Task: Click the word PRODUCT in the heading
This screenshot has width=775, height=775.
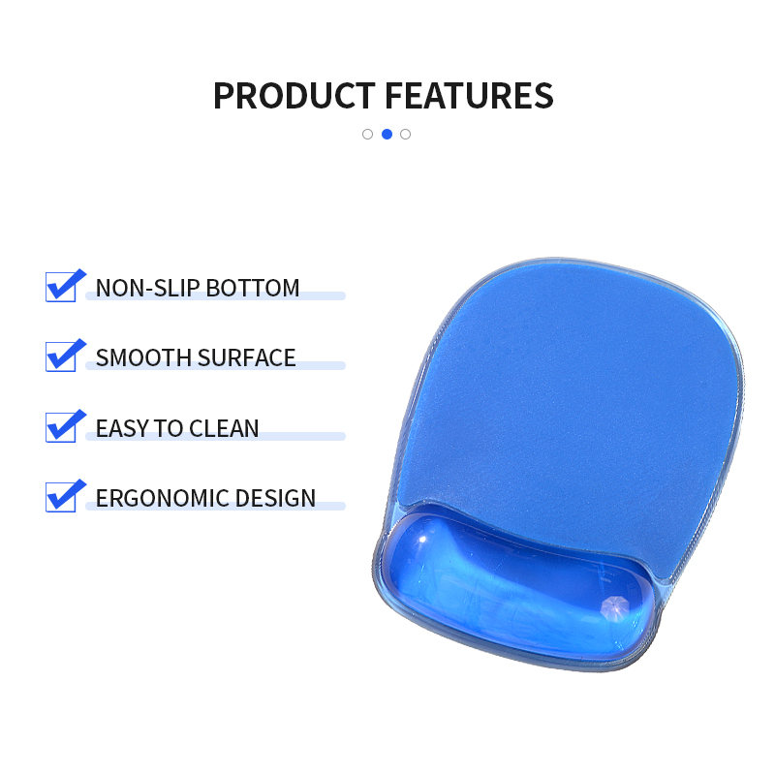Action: [x=294, y=96]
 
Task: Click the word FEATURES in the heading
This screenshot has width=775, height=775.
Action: [x=469, y=96]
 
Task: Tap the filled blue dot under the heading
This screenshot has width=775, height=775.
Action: [x=387, y=134]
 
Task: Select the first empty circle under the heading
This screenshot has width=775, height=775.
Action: [x=367, y=134]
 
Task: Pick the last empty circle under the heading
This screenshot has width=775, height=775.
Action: [x=405, y=134]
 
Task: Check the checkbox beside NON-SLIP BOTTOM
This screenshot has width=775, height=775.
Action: [x=61, y=287]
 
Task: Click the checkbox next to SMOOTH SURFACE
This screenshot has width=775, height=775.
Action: [x=61, y=356]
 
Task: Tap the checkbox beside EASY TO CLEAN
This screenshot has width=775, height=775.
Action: [x=61, y=427]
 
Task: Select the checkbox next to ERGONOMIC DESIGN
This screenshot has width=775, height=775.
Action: [x=61, y=497]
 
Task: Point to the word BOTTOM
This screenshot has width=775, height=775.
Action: [x=253, y=288]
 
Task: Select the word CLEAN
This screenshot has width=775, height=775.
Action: [x=224, y=428]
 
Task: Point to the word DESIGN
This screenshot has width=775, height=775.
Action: [x=275, y=498]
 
